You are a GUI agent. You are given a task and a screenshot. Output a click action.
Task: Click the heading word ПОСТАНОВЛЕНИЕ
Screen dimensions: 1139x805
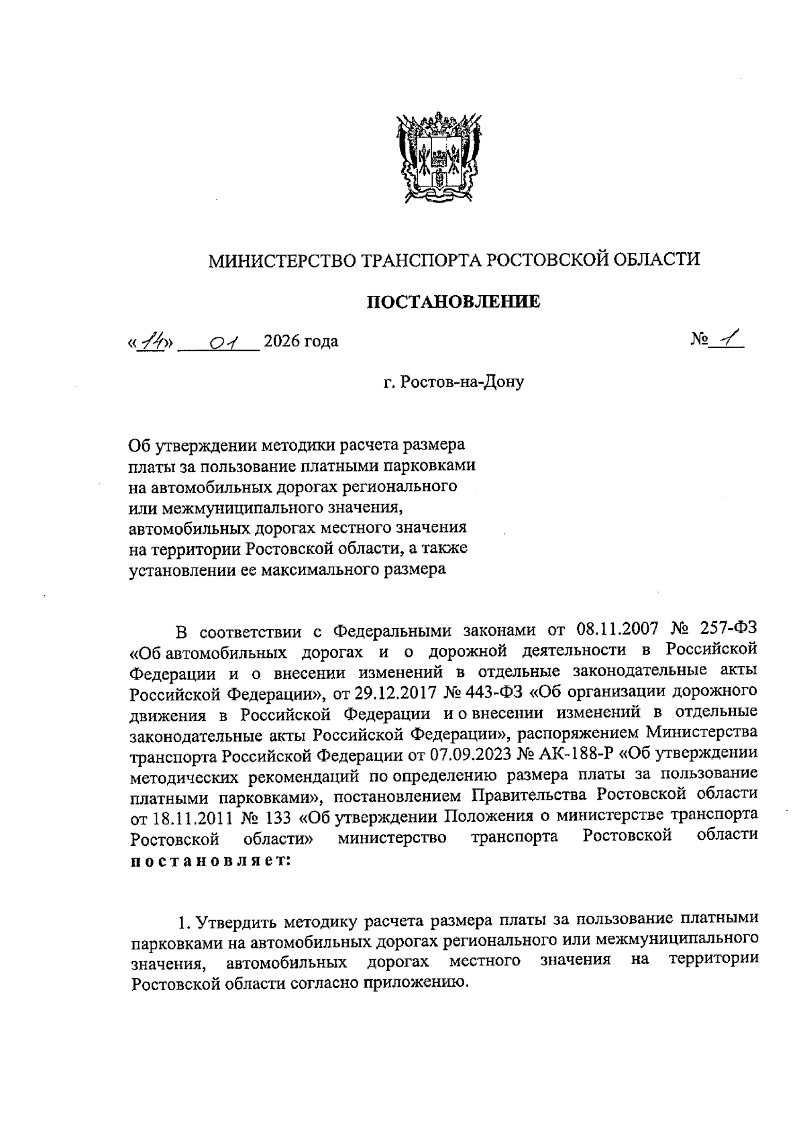point(453,303)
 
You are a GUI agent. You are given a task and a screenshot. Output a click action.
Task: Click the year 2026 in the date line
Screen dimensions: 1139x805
point(282,343)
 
